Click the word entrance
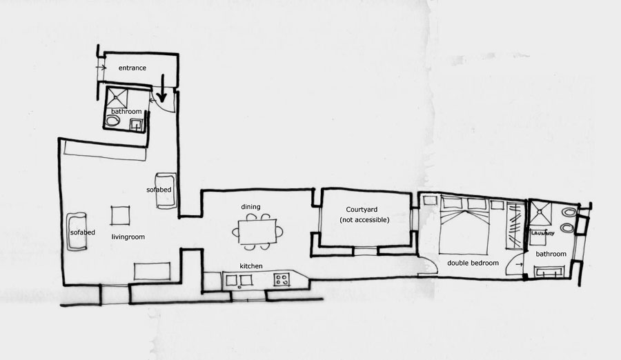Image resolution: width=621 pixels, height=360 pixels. tap(132, 68)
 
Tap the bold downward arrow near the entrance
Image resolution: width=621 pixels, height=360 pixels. tap(161, 88)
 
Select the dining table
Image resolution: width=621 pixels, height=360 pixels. tap(257, 232)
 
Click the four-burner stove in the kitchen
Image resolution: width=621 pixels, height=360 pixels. tap(282, 279)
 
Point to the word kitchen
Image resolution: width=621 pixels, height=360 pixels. tap(251, 266)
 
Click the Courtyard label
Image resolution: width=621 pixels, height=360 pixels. tap(362, 210)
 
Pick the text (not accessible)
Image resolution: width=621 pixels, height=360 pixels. tap(364, 220)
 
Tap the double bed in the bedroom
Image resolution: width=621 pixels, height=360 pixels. tap(464, 226)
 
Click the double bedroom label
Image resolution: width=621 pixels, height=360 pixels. tap(473, 263)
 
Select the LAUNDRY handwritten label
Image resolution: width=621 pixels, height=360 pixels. tap(542, 233)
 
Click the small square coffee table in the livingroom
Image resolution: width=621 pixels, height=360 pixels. tap(120, 215)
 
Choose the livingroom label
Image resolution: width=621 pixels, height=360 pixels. tap(128, 237)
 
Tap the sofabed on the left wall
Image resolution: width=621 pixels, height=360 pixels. tap(77, 232)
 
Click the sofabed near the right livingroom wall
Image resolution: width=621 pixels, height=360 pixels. tap(166, 190)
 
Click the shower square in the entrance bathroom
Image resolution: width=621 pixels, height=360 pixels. tap(117, 99)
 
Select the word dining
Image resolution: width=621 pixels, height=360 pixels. tap(250, 207)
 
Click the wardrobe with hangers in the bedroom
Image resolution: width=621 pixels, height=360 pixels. tap(515, 226)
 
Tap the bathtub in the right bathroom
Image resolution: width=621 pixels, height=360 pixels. tap(549, 272)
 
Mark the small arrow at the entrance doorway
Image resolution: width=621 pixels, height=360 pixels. tap(101, 68)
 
